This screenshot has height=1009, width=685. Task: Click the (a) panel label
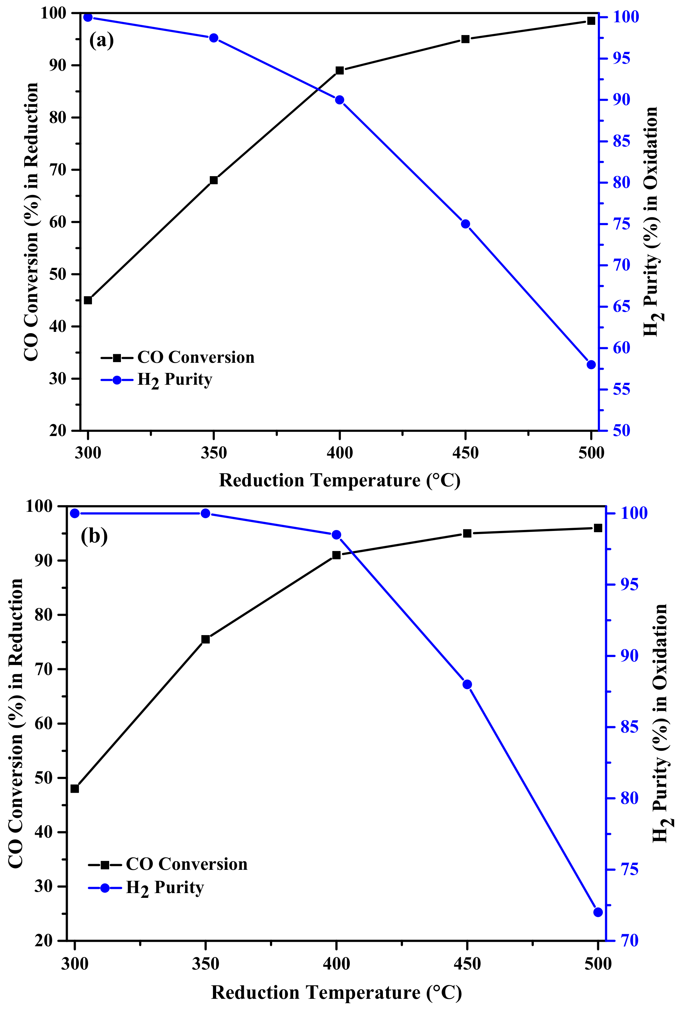click(101, 40)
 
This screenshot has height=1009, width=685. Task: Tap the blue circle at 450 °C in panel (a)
click(465, 224)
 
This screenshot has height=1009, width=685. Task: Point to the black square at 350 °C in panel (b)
click(206, 639)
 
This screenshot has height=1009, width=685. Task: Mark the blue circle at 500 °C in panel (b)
click(598, 912)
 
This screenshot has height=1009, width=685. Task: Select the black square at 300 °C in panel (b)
click(74, 789)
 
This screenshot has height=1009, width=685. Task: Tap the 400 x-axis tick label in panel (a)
click(340, 453)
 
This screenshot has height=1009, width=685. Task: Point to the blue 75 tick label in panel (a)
click(621, 224)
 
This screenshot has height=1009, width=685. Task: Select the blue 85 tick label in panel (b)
click(629, 727)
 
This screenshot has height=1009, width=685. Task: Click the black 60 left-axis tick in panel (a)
click(57, 222)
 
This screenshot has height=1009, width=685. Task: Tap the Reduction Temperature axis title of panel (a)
click(339, 481)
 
